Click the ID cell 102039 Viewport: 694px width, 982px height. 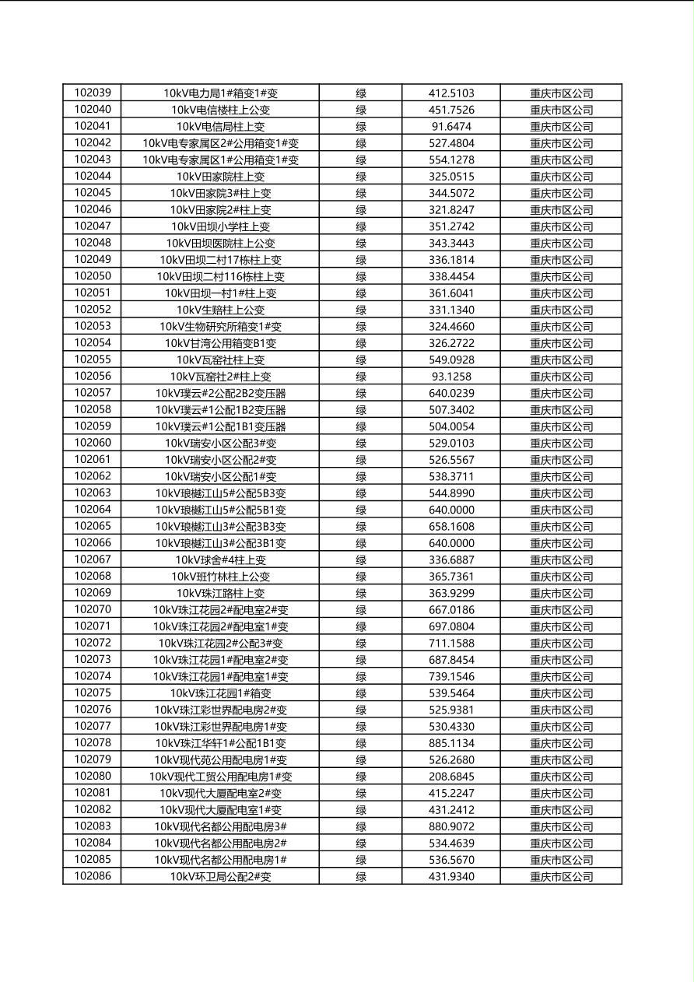pyautogui.click(x=92, y=93)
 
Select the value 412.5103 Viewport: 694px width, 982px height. pyautogui.click(x=451, y=93)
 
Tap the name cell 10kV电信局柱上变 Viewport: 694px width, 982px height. pyautogui.click(x=220, y=126)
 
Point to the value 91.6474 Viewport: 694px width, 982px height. pyautogui.click(x=451, y=126)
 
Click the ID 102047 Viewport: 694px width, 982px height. pyautogui.click(x=92, y=226)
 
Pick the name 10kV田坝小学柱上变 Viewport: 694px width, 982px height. pyautogui.click(x=220, y=226)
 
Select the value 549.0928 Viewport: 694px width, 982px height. pyautogui.click(x=451, y=359)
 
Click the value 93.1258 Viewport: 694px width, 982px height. pyautogui.click(x=451, y=377)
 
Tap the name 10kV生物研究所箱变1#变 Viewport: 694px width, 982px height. pyautogui.click(x=220, y=326)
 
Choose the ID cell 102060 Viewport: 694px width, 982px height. pyautogui.click(x=92, y=443)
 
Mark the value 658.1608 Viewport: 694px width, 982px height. pyautogui.click(x=451, y=526)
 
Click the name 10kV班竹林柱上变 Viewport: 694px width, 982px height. pyautogui.click(x=220, y=577)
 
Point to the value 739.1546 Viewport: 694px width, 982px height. pyautogui.click(x=451, y=676)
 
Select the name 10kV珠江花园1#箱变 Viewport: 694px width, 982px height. pyautogui.click(x=220, y=693)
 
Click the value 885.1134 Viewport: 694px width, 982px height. pyautogui.click(x=451, y=743)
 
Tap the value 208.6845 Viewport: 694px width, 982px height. pyautogui.click(x=451, y=777)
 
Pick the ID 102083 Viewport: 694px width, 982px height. pyautogui.click(x=92, y=826)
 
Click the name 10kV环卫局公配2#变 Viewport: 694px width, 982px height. pyautogui.click(x=220, y=876)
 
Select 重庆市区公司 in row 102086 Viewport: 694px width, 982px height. pyautogui.click(x=561, y=877)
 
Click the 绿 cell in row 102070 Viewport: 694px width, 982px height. pyautogui.click(x=361, y=610)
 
